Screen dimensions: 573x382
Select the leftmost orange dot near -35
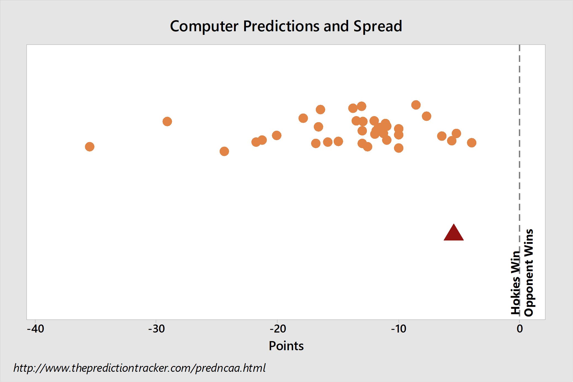point(90,146)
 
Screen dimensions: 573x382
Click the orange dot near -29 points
point(167,121)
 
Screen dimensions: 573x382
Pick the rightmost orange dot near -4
point(472,143)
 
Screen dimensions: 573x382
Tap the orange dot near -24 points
point(224,151)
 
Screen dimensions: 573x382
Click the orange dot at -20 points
point(277,135)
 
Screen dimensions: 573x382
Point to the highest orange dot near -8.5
point(416,105)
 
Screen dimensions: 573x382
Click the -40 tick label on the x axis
point(35,329)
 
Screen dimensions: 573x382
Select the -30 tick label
point(156,329)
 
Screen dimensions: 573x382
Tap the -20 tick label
point(278,329)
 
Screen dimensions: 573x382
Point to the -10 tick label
point(399,329)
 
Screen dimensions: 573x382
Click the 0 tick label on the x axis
point(520,329)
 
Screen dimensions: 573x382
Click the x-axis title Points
point(286,346)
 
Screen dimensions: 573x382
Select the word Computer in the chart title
point(204,27)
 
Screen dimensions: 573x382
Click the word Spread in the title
point(378,27)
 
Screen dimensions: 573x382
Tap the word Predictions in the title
point(281,26)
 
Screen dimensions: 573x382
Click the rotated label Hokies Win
point(516,282)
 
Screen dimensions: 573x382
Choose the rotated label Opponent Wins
point(529,273)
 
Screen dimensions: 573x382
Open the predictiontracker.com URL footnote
point(140,368)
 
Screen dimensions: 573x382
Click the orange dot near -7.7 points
point(426,116)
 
